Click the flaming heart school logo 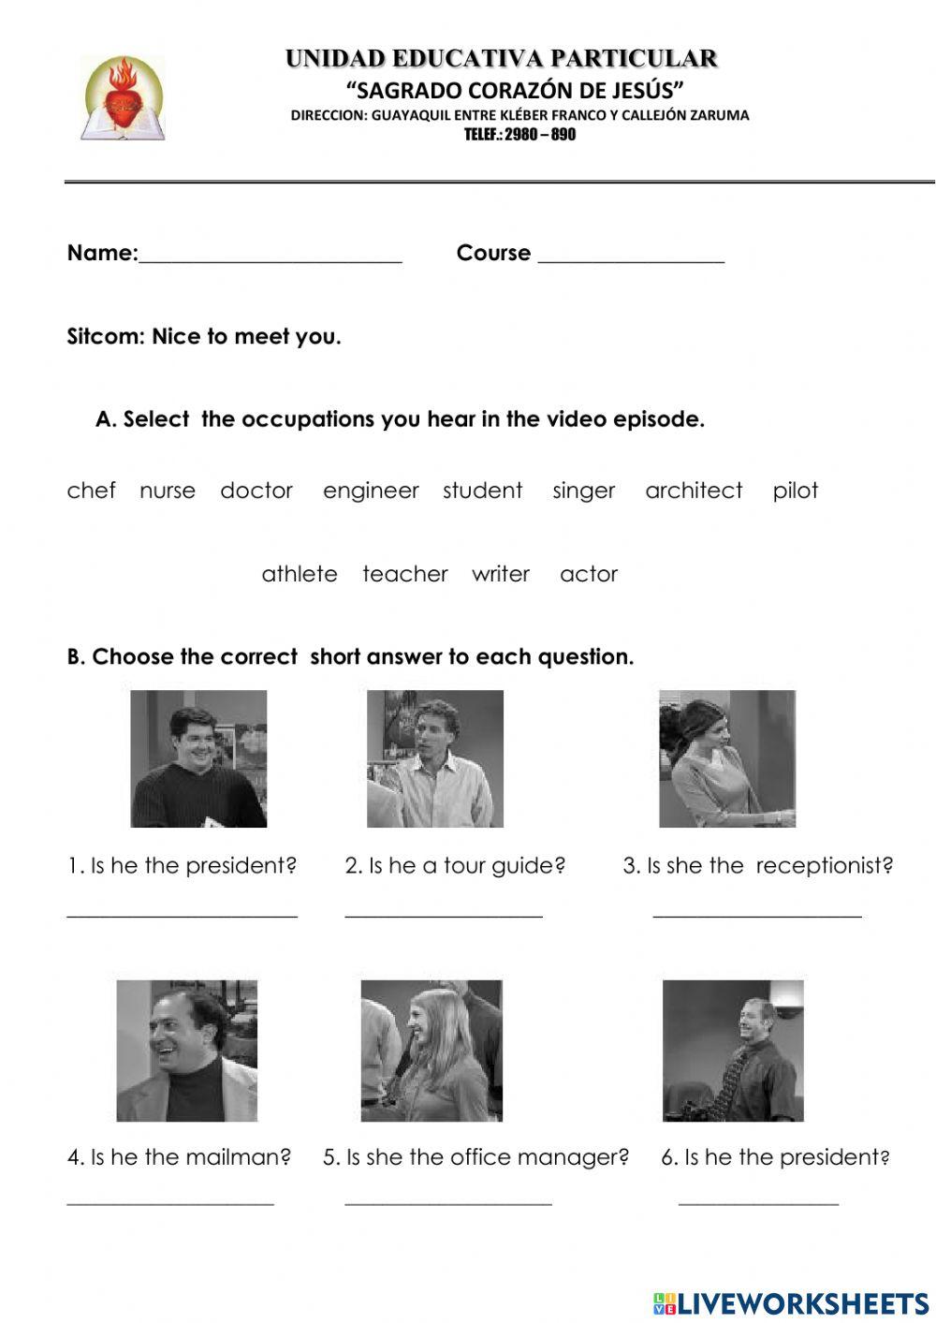click(x=123, y=98)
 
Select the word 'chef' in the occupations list click(x=91, y=491)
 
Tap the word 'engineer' click(x=371, y=491)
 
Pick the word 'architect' click(x=694, y=491)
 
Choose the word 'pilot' click(x=796, y=491)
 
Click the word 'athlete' click(x=300, y=574)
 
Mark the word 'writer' click(x=501, y=574)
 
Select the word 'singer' click(x=583, y=491)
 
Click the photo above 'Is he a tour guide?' click(x=435, y=758)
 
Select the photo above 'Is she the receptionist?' click(x=727, y=758)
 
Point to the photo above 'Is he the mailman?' click(x=187, y=1051)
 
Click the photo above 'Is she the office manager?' click(x=431, y=1051)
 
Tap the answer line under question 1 click(x=183, y=914)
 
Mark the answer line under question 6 click(x=758, y=1202)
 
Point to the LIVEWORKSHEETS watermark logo click(x=791, y=1302)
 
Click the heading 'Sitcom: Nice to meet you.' click(x=204, y=337)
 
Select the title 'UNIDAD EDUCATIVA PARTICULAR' click(x=502, y=59)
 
